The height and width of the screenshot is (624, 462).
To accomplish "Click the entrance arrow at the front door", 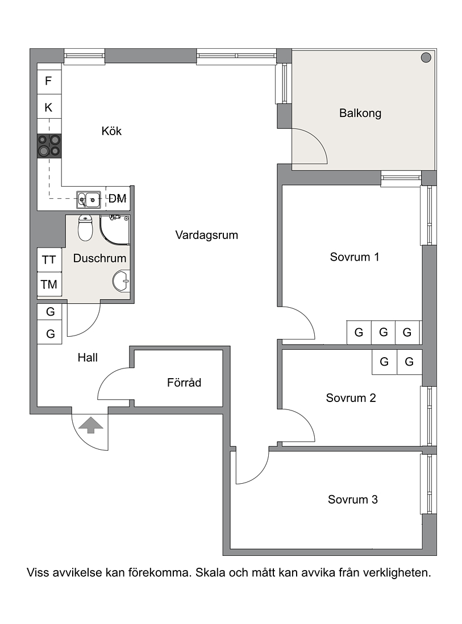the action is click(91, 425).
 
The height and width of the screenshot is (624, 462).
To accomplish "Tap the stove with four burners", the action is click(49, 146).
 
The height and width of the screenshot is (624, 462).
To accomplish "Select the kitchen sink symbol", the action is click(89, 200).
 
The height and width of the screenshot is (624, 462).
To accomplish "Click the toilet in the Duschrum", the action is click(85, 228).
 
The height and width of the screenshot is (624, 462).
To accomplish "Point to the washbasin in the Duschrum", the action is click(121, 281).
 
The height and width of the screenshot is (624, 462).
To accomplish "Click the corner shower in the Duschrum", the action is click(115, 231).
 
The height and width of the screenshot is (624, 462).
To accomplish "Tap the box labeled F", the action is click(49, 81).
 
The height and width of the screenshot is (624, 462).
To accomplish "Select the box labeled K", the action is click(49, 107).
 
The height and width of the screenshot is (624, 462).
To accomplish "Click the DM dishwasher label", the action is click(118, 198).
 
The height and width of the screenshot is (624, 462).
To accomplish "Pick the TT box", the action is click(49, 260).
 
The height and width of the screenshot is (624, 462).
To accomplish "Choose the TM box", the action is click(49, 284).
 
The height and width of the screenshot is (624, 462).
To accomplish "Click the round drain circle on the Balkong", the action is click(426, 58).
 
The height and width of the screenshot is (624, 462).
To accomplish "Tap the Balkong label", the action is click(360, 114).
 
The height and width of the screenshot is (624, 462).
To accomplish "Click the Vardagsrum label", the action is click(207, 235).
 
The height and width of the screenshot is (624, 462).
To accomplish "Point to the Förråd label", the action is click(184, 383).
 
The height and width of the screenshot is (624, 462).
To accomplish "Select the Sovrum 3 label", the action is click(353, 500).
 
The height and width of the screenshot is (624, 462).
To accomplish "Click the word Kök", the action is click(111, 131).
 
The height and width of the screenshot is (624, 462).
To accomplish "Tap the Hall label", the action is click(88, 358).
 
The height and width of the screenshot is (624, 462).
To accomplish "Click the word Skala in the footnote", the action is click(210, 573).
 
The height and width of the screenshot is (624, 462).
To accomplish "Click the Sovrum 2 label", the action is click(351, 398).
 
